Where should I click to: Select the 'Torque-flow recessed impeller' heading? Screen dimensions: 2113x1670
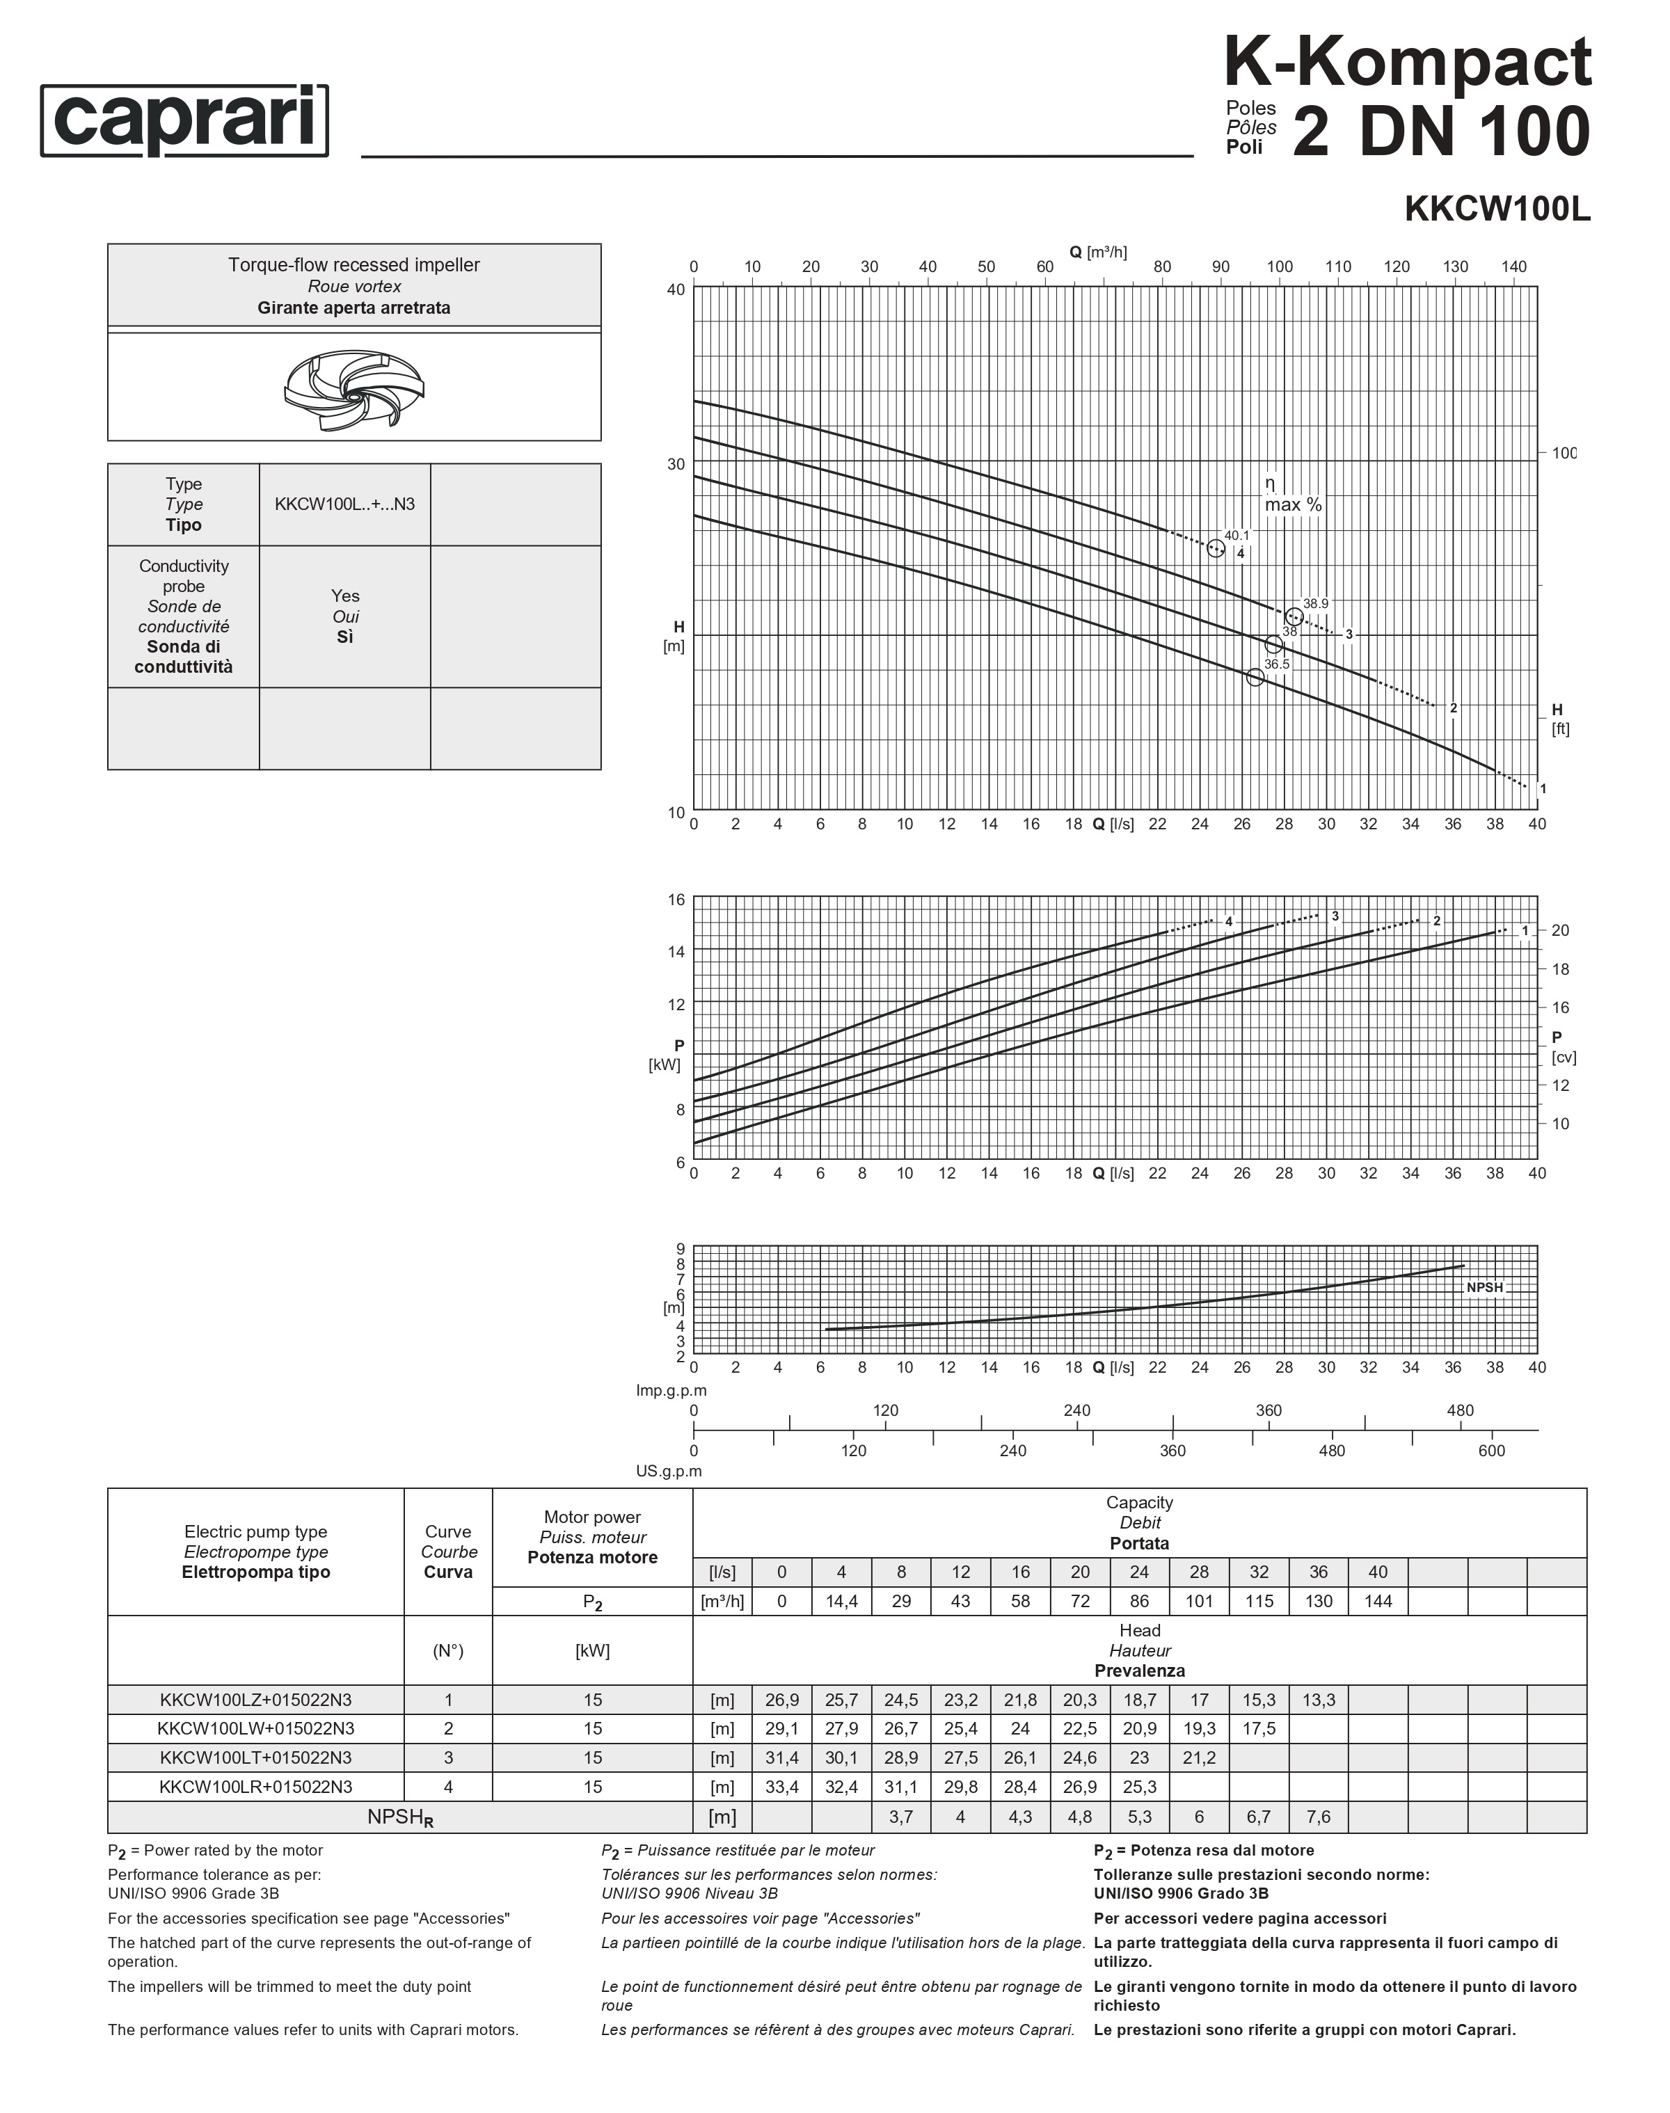[x=354, y=265]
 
